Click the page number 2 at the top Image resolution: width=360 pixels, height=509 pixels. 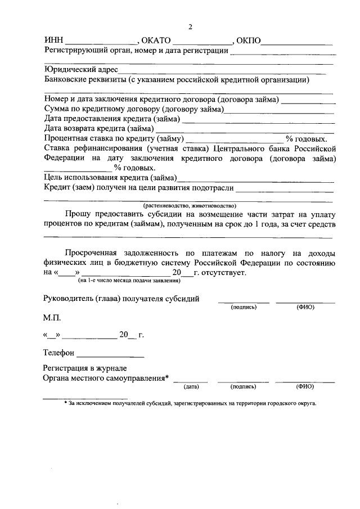pos(190,26)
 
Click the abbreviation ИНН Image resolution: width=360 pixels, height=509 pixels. pos(55,41)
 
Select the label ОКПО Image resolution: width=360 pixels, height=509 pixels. pos(249,41)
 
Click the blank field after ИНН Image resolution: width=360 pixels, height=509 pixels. pos(102,43)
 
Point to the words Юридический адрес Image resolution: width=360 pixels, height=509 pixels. pos(80,70)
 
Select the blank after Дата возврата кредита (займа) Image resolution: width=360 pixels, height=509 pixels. pos(245,130)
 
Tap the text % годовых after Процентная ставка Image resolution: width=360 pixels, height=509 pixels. pos(306,138)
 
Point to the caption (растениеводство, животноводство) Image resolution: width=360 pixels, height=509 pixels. pos(189,206)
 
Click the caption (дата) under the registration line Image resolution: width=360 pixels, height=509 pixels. pos(191,386)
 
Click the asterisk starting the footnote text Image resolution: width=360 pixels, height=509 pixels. pos(66,403)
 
